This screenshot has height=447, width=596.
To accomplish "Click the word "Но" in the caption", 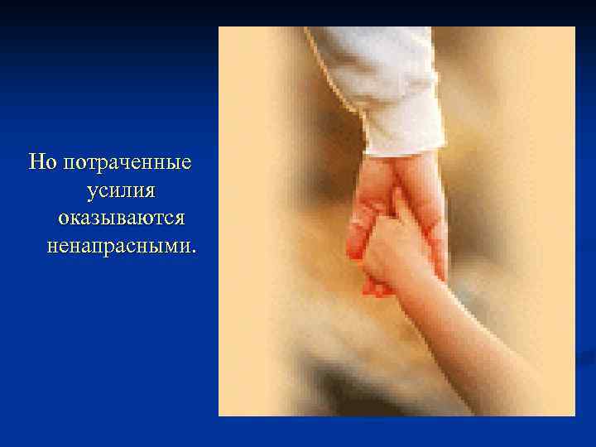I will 41,161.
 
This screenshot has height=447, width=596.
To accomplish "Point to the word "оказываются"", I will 121,218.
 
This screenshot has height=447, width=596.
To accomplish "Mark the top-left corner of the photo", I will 219,27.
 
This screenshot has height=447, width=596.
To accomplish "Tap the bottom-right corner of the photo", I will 574,415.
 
